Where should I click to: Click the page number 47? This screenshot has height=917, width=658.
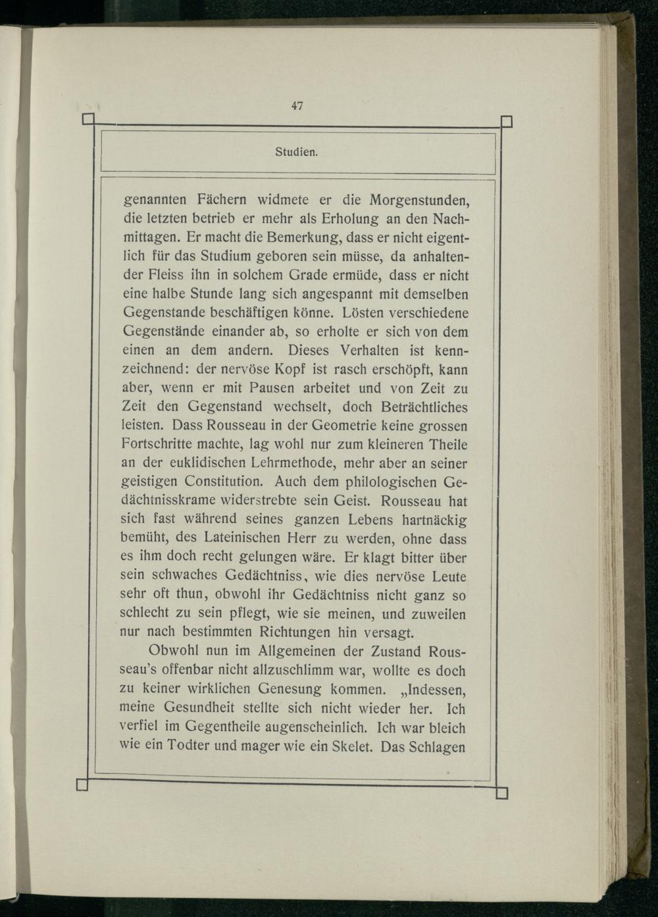point(297,105)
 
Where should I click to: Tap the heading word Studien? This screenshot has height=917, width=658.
point(297,153)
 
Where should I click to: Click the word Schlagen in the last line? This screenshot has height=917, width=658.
point(438,747)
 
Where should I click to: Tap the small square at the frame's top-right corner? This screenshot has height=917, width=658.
point(507,121)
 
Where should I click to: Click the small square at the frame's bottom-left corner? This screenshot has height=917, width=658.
point(82,785)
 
